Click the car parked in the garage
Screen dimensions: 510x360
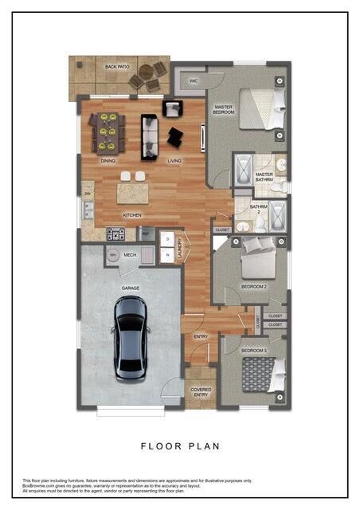coord(131,337)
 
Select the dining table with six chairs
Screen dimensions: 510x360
coord(107,133)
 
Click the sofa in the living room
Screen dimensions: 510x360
coord(149,136)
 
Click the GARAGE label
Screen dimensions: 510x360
coord(131,288)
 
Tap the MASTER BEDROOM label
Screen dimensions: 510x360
coord(223,109)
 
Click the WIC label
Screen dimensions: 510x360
coord(194,80)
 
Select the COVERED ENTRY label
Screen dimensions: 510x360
coord(200,392)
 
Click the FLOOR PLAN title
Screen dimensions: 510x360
coord(180,446)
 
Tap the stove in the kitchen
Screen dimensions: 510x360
coord(116,234)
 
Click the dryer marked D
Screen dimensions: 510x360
coord(168,239)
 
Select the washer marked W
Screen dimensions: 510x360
coord(168,255)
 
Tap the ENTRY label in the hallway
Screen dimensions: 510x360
coord(201,336)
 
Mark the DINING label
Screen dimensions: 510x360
coord(108,161)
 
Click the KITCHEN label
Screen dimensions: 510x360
coord(131,215)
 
